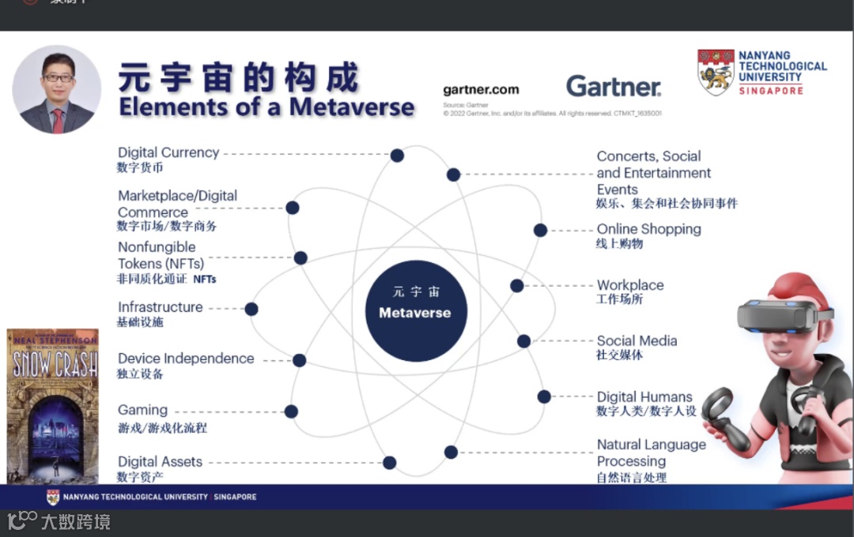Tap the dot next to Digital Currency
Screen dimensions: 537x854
(397, 156)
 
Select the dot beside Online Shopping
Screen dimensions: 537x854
(540, 230)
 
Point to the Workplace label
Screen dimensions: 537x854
(630, 285)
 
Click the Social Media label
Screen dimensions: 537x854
(637, 340)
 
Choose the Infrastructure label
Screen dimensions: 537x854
(161, 307)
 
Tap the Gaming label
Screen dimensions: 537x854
(143, 410)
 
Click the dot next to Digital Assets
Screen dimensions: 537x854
(389, 463)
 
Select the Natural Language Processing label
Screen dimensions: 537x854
(651, 453)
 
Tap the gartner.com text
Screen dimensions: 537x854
(481, 90)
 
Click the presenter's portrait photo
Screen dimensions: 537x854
(57, 89)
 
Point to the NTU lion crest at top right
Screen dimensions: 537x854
(716, 72)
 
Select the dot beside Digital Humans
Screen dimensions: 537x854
(544, 396)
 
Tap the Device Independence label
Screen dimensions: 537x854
(186, 359)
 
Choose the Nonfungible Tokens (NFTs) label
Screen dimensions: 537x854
(161, 255)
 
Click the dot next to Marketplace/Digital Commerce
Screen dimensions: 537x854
(292, 208)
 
